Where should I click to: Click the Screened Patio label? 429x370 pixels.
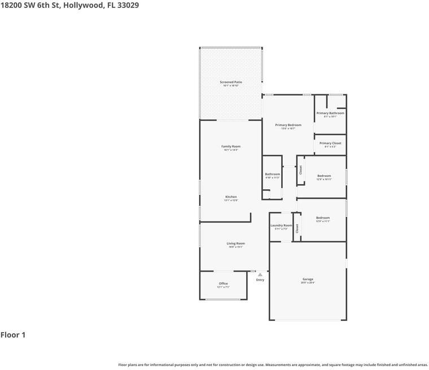pos(231,82)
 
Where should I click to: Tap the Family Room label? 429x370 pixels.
pos(231,147)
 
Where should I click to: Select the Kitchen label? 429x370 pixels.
pos(231,197)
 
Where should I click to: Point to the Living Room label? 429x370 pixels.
pos(235,243)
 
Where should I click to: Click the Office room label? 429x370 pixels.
pos(223,284)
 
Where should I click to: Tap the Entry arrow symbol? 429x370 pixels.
pos(260,275)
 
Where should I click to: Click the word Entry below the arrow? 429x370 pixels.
pos(260,280)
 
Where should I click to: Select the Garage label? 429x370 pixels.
pos(308,279)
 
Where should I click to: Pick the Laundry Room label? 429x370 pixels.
pos(281,225)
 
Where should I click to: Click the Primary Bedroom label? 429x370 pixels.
pos(288,125)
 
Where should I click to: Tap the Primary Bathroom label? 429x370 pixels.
pos(330,113)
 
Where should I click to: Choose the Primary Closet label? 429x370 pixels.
pos(330,143)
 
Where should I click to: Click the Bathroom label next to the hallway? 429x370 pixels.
pos(273,174)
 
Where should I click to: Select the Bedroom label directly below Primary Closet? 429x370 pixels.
pos(324,176)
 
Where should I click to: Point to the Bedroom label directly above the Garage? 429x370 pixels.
pos(323,218)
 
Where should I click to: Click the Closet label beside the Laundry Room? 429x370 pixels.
pos(297,229)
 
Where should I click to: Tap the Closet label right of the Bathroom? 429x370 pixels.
pos(301,169)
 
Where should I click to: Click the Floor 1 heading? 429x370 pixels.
pos(13,335)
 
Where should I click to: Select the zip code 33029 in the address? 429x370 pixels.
pos(127,5)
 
